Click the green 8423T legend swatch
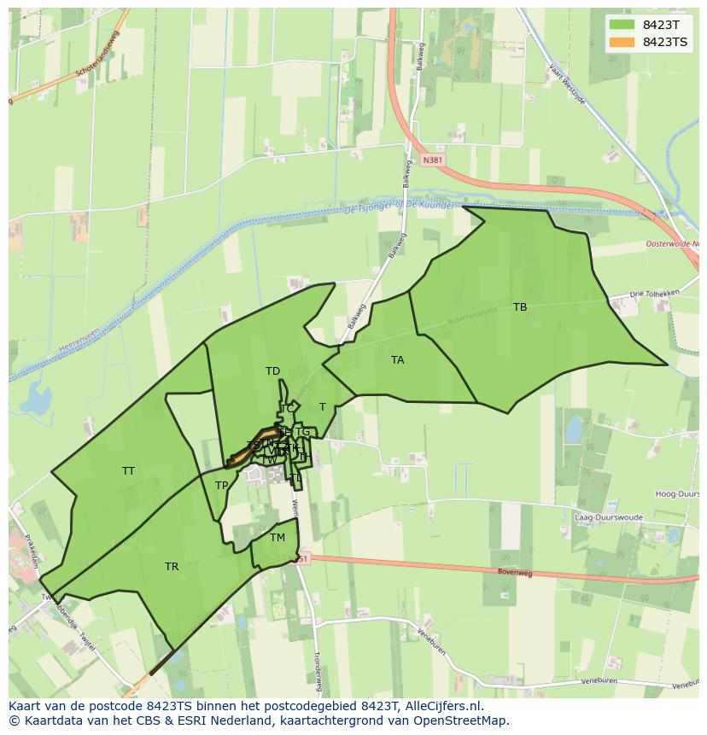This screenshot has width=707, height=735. pos(622,25)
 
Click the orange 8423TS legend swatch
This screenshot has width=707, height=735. pos(622,42)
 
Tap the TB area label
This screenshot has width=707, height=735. pos(520,307)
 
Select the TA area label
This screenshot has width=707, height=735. pos(397,360)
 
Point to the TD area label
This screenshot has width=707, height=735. pos(272,371)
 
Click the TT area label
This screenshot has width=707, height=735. pos(128,471)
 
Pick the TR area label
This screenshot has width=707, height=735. pos(172,567)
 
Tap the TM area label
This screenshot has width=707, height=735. pos(278,538)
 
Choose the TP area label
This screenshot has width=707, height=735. pos(221,486)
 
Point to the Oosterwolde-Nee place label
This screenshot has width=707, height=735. pos(672,245)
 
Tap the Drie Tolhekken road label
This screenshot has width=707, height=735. pos(654,294)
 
